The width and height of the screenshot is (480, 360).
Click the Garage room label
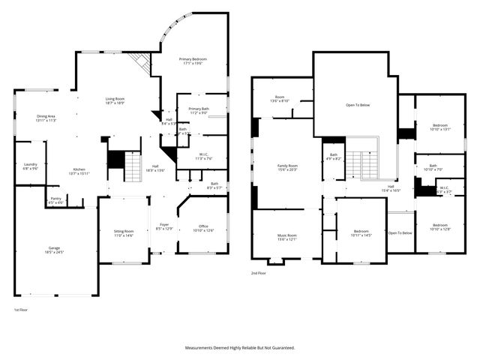pyautogui.click(x=54, y=248)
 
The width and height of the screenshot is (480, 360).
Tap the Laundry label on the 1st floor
pyautogui.click(x=31, y=166)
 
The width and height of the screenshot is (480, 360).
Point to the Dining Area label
pyautogui.click(x=46, y=118)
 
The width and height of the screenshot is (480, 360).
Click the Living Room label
pyautogui.click(x=115, y=100)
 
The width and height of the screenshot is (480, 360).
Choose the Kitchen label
pyautogui.click(x=79, y=171)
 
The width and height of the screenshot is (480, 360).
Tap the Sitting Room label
pyautogui.click(x=123, y=233)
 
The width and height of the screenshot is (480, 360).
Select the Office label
pyautogui.click(x=203, y=228)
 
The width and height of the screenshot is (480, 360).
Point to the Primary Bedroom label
pyautogui.click(x=193, y=61)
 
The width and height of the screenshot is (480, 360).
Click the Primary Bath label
pyautogui.click(x=199, y=110)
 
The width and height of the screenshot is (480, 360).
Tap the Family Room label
pyautogui.click(x=287, y=167)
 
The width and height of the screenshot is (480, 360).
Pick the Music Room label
pyautogui.click(x=287, y=237)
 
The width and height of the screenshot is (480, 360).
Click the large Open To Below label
pyautogui.click(x=358, y=106)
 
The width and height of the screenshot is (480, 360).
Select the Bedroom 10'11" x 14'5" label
pyautogui.click(x=361, y=233)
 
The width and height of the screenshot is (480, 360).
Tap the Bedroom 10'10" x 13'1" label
pyautogui.click(x=440, y=127)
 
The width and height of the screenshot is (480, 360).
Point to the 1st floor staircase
pyautogui.click(x=132, y=166)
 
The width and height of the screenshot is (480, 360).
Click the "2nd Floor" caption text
pyautogui.click(x=259, y=273)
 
